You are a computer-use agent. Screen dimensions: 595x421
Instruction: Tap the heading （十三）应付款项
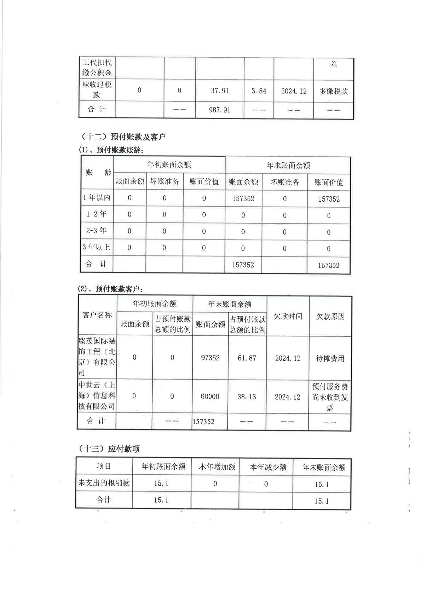(x=109, y=449)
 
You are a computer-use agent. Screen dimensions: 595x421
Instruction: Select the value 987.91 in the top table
(x=219, y=110)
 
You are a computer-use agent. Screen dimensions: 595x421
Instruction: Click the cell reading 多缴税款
(x=334, y=91)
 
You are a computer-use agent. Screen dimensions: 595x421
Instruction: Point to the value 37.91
(x=219, y=91)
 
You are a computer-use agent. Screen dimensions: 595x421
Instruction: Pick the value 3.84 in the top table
(x=259, y=91)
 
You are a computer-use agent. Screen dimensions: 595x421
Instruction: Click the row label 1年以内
(x=97, y=197)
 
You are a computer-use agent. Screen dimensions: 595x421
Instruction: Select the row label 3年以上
(x=97, y=247)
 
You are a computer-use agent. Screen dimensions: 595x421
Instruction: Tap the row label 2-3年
(x=97, y=231)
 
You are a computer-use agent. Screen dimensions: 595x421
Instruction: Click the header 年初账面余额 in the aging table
(x=169, y=165)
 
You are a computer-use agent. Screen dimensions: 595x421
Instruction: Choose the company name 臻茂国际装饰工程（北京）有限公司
(x=97, y=357)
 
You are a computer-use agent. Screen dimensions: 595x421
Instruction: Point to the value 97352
(x=210, y=358)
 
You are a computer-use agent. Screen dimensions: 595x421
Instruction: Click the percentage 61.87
(x=247, y=358)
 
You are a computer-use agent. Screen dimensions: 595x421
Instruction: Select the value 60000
(x=210, y=397)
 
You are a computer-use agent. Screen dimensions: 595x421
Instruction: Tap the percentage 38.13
(x=247, y=397)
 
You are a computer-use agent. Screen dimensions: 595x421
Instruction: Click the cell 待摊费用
(x=330, y=358)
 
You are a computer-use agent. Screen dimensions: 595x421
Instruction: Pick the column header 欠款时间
(x=288, y=316)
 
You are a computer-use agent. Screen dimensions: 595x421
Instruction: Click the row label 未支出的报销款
(x=104, y=483)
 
